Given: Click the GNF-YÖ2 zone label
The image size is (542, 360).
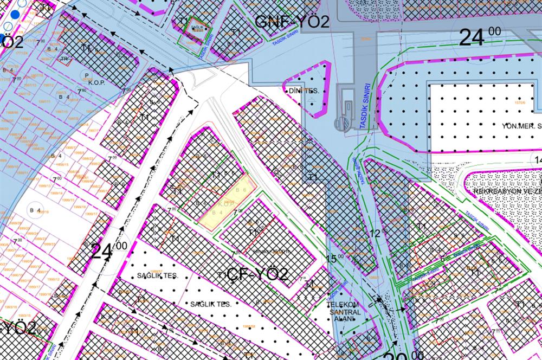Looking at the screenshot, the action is pos(292,22).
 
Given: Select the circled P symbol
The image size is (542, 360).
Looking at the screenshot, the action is pos(86,74).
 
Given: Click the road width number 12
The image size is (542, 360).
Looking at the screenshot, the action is pos(379,233).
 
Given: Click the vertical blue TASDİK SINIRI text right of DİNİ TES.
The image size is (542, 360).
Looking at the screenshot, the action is pos(366,106).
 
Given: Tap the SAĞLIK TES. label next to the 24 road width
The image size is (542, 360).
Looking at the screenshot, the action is pos(158,276).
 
